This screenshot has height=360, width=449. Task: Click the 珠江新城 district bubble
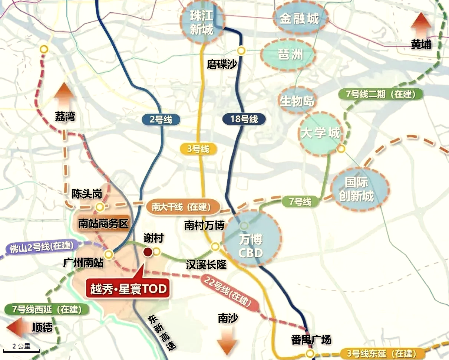(x=202, y=22)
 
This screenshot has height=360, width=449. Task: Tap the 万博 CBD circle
(x=251, y=239)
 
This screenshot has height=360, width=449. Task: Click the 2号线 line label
(x=161, y=119)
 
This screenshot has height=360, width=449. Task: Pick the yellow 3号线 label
(x=198, y=149)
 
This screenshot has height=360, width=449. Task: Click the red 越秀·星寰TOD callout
(x=128, y=288)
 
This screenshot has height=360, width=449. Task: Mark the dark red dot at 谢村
(x=147, y=252)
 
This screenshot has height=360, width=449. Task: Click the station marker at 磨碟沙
(x=242, y=50)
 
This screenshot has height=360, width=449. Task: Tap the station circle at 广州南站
(x=108, y=254)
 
